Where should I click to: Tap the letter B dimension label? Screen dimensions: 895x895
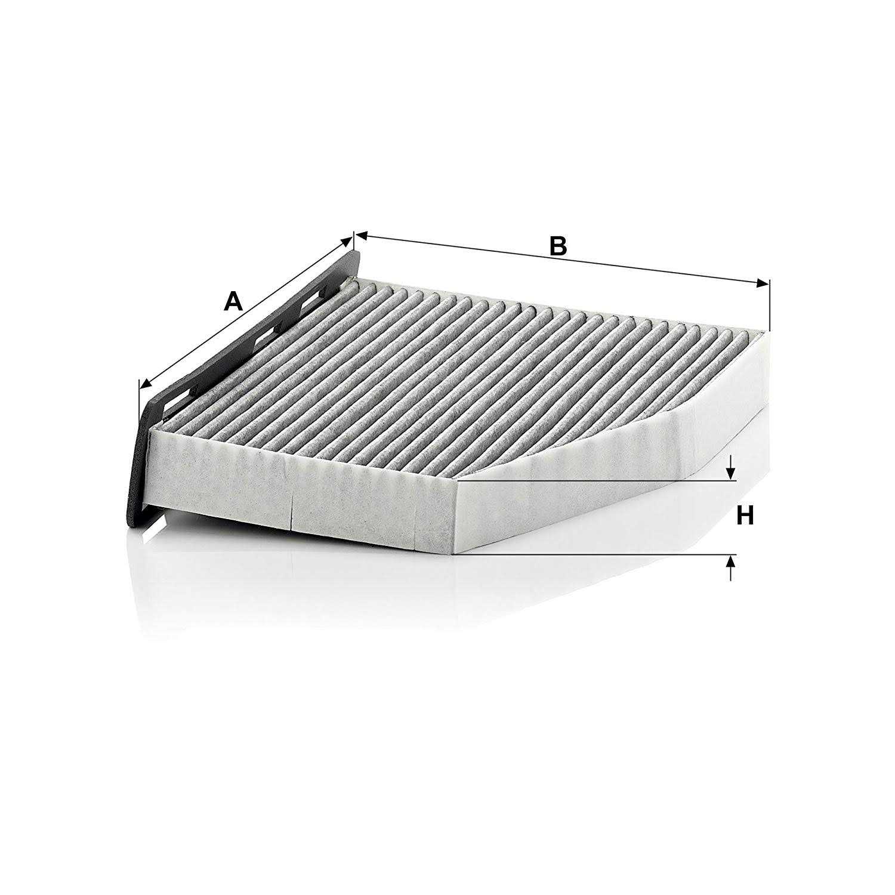coord(557,246)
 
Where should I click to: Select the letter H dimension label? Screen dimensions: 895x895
coord(745,515)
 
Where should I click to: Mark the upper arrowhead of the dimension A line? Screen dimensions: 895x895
coord(346,240)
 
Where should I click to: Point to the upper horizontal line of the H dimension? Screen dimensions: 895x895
coord(597,479)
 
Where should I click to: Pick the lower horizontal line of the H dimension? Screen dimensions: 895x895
coord(597,554)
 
